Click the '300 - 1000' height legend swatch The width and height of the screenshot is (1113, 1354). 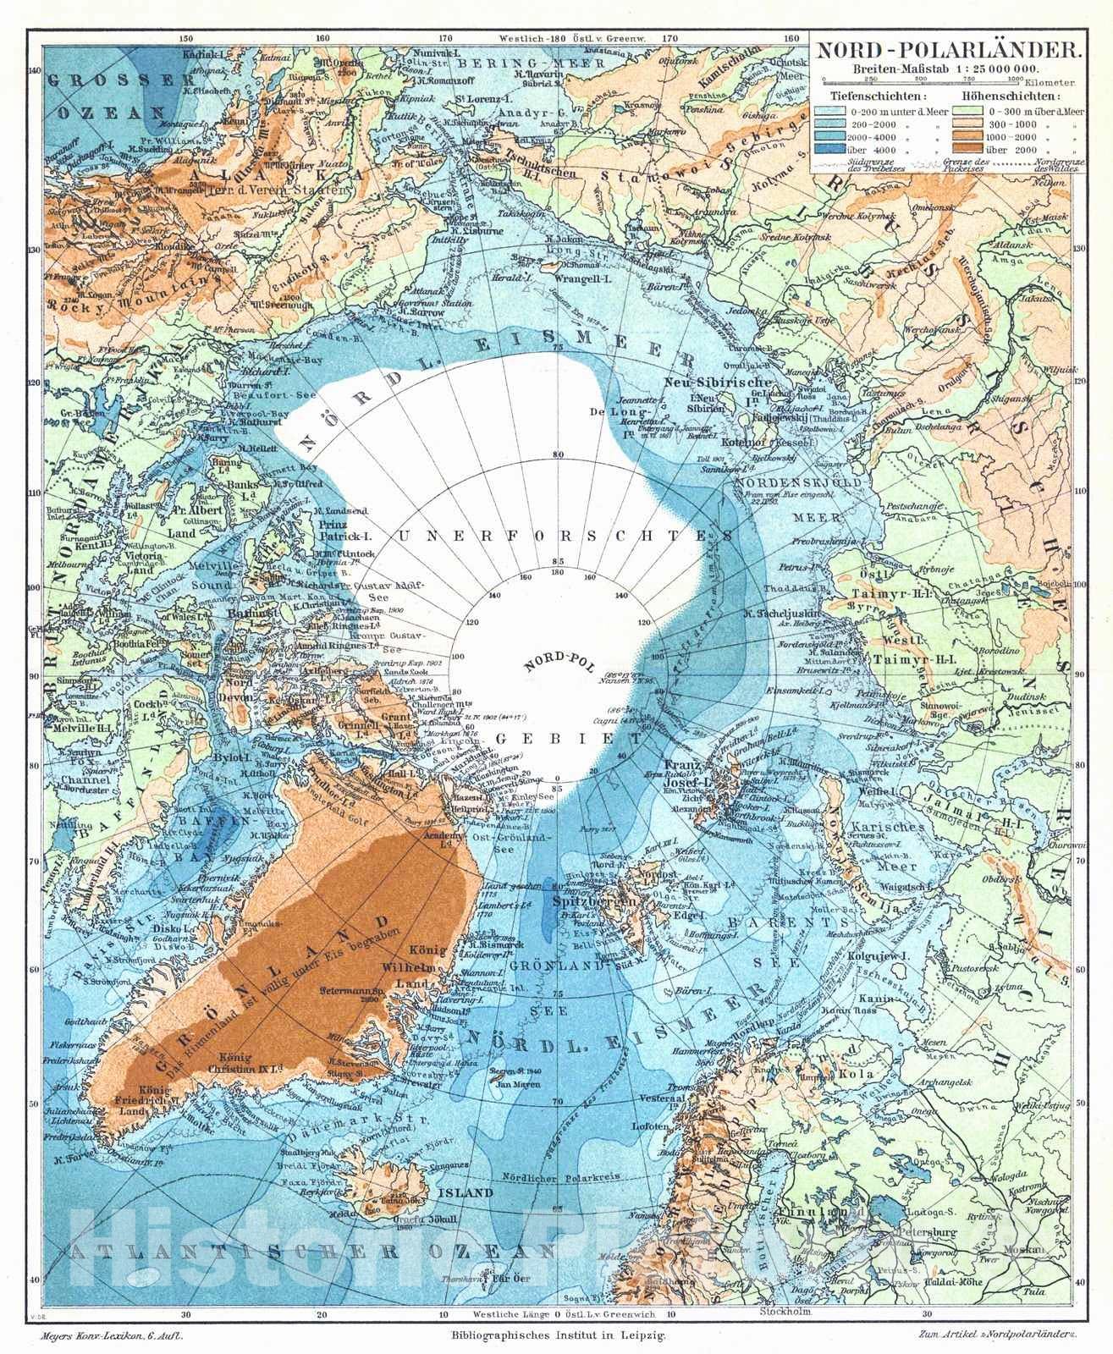coord(971,124)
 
